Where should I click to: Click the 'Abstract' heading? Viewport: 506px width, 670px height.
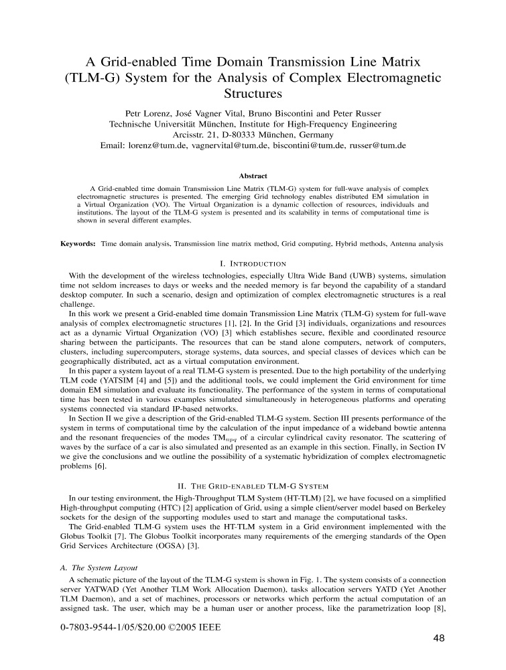click(253, 177)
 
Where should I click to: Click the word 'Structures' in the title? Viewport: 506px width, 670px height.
click(253, 93)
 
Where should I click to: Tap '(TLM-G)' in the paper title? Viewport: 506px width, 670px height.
click(88, 77)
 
